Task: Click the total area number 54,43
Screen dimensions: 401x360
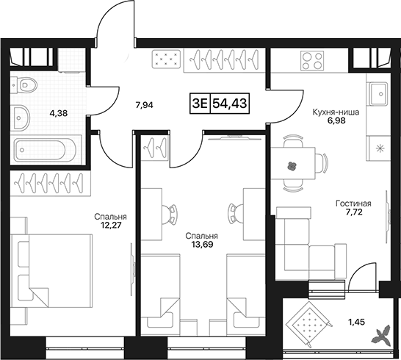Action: point(230,104)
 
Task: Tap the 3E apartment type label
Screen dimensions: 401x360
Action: point(200,104)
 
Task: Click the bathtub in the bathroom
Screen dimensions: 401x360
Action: point(45,150)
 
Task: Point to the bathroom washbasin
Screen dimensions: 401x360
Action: point(21,118)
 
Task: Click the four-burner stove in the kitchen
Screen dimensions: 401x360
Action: point(311,60)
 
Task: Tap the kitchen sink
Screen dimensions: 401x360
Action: point(378,93)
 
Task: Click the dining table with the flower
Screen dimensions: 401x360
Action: point(293,164)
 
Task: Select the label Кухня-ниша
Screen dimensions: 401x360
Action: point(336,112)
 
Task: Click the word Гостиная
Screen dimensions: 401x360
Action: point(353,204)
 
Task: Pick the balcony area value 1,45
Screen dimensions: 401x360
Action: point(356,322)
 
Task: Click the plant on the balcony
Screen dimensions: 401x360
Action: point(382,334)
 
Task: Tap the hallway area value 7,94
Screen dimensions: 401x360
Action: point(145,104)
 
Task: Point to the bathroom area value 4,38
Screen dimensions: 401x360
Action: point(59,113)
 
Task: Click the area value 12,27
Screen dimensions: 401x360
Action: point(110,225)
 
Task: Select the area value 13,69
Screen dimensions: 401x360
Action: point(202,245)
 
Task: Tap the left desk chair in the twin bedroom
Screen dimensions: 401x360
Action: point(170,214)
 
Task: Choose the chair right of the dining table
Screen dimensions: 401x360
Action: point(322,164)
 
